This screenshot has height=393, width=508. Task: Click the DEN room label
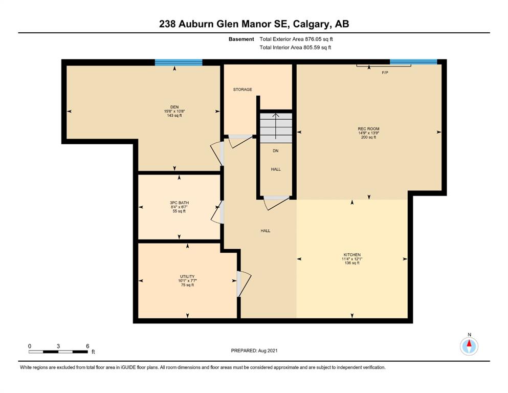point(174,107)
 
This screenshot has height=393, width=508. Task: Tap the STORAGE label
point(242,90)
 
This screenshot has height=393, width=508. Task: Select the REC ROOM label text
point(369,128)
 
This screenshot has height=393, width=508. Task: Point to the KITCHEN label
point(352,255)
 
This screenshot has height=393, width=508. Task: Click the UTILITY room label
point(187,277)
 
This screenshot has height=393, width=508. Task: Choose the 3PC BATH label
point(179,203)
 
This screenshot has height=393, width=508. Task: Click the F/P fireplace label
point(385,73)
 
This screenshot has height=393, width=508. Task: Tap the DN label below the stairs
point(275,150)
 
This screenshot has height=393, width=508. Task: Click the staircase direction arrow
point(276,126)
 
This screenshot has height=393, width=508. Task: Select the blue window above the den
point(179,62)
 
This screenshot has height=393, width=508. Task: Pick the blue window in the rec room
point(413,62)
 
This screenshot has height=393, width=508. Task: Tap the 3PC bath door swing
point(217,212)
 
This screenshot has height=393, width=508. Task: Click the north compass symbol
point(469,346)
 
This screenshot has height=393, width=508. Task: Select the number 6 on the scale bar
point(87,346)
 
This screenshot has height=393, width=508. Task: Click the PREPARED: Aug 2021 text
point(254,351)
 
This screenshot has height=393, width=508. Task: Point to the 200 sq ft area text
point(369,137)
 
